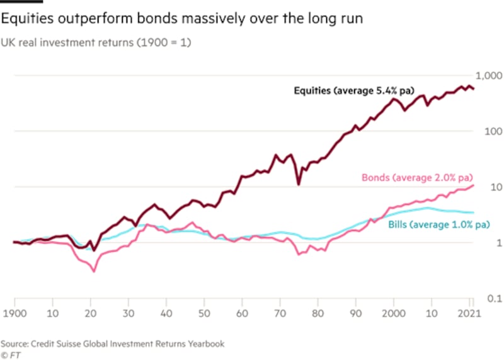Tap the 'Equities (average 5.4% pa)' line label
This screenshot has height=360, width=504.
click(353, 90)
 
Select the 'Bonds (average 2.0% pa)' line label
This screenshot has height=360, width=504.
click(417, 178)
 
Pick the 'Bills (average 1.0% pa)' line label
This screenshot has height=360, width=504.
click(439, 224)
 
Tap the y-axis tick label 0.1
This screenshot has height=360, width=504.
click(486, 298)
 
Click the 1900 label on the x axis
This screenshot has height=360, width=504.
click(14, 313)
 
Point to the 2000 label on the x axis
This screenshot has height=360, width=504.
click(394, 313)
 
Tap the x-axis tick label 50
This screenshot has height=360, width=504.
click(204, 313)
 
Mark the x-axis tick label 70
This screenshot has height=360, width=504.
click(280, 313)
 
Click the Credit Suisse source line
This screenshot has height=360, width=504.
click(112, 344)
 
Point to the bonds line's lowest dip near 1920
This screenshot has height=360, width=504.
click(94, 271)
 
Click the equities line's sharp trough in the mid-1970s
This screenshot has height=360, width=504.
click(299, 183)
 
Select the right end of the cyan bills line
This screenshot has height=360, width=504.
click(473, 212)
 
